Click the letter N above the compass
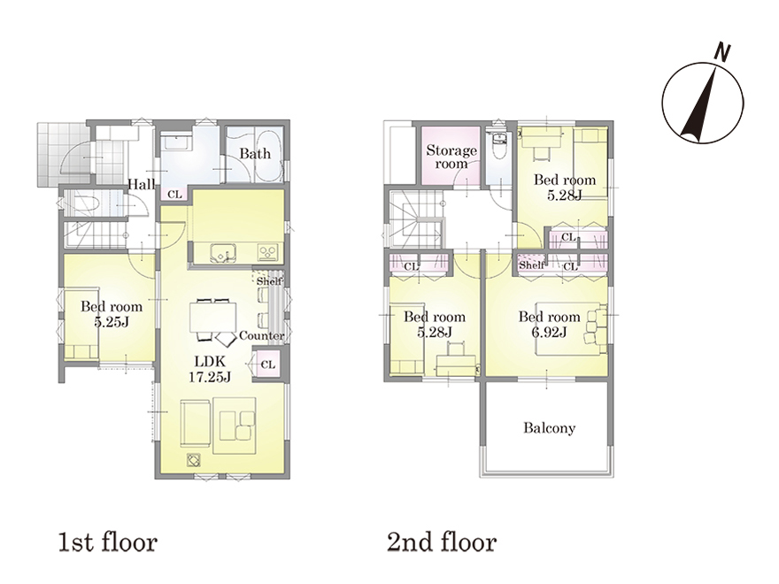point(722,52)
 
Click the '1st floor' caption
point(107,542)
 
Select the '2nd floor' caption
point(442,542)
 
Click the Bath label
point(255,153)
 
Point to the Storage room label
point(451,157)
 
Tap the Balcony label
point(549,427)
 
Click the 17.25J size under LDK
point(210,377)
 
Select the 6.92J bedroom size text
point(549,332)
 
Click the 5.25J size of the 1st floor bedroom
point(112,322)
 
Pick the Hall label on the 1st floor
point(142,184)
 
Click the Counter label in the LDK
point(262,335)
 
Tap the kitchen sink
point(222,253)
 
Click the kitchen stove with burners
point(268,253)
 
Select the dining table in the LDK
point(212,317)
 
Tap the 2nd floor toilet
point(497,144)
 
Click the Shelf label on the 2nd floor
point(532,265)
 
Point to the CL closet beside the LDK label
point(267,365)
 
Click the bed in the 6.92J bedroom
point(571,327)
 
